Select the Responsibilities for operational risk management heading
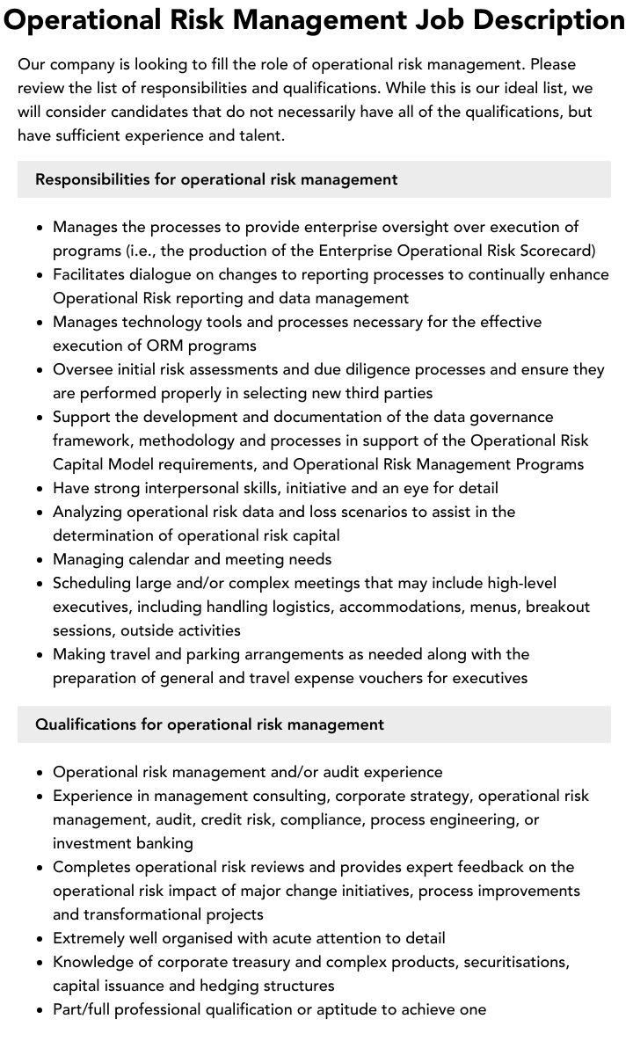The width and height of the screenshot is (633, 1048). (x=216, y=179)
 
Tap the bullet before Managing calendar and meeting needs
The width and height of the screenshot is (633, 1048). (x=40, y=559)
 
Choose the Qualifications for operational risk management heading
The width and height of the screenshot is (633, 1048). (x=209, y=724)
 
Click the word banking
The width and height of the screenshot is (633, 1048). (x=164, y=843)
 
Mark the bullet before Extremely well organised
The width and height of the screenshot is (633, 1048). (x=40, y=938)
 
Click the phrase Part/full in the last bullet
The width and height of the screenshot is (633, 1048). (x=84, y=1009)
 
